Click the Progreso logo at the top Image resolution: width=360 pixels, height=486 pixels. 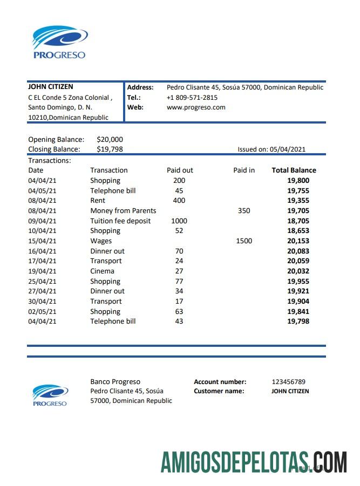tap(59, 42)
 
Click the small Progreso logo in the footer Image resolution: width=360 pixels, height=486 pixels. tap(50, 395)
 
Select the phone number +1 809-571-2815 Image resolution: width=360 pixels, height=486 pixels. tap(192, 98)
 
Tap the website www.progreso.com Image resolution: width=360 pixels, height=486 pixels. tap(196, 107)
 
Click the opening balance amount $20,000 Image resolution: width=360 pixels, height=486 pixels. tap(110, 139)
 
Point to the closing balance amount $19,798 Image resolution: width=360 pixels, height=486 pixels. tap(110, 149)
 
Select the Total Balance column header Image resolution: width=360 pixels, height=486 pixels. tap(294, 170)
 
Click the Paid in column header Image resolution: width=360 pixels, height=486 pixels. tap(244, 170)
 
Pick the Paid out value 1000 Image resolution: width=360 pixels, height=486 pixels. tap(179, 221)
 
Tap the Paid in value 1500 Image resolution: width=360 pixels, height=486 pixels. tap(244, 241)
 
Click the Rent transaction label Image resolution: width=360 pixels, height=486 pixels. tap(98, 200)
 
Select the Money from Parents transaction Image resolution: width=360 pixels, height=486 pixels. tap(123, 210)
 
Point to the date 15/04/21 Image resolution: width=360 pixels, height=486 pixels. tap(42, 241)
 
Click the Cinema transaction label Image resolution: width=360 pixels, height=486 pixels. tap(102, 271)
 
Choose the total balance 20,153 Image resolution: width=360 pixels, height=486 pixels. tap(298, 241)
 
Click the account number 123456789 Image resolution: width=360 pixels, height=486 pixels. tap(288, 382)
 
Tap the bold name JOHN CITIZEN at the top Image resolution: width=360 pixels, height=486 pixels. tap(50, 87)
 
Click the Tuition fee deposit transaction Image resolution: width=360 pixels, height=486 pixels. tap(120, 221)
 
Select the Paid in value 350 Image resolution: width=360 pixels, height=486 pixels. tap(244, 210)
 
